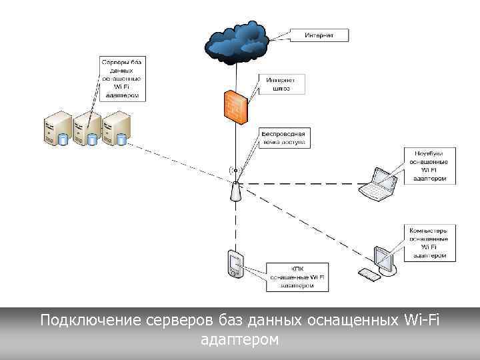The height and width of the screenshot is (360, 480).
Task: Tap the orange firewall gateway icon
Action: point(236,103)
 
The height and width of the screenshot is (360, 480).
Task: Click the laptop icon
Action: point(379,184)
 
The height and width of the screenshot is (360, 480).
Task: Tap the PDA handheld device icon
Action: point(235,264)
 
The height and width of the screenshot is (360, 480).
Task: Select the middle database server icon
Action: point(87,129)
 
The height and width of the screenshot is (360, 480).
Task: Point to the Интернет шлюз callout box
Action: point(281,84)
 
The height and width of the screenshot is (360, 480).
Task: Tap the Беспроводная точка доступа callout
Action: point(283,138)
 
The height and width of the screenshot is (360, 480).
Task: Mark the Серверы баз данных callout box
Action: point(121,78)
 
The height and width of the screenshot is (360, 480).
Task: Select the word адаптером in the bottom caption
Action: point(239,340)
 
